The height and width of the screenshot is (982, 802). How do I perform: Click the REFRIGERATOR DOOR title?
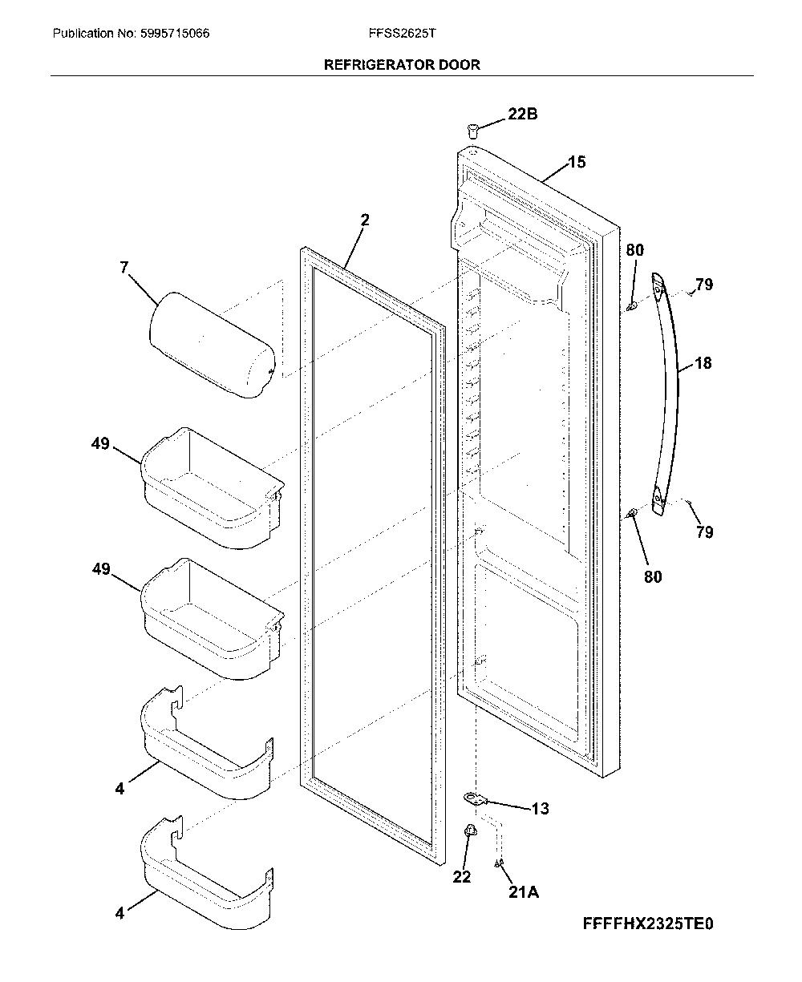coord(402,64)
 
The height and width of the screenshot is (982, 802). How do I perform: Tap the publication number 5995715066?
coord(175,33)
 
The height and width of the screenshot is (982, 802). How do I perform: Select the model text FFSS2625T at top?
coord(402,33)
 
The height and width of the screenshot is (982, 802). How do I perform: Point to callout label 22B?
coord(522,114)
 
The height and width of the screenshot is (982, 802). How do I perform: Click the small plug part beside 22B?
coord(473,131)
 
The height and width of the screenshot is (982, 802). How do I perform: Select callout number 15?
coord(577,162)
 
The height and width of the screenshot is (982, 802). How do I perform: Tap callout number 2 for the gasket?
coord(365,220)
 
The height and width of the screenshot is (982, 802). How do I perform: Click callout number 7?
coord(124,267)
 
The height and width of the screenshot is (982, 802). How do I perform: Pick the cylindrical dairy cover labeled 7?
coord(213,345)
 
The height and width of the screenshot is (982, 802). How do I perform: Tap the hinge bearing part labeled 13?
coord(475,799)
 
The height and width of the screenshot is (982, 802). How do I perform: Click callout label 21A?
coord(524,892)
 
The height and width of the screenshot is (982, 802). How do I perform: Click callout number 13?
coord(541,809)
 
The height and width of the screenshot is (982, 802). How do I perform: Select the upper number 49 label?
coord(100,443)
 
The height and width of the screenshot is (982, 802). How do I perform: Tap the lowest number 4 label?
coord(119,914)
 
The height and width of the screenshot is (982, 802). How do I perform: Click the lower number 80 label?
coord(653,577)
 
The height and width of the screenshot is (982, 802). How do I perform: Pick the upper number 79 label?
coord(704,284)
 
